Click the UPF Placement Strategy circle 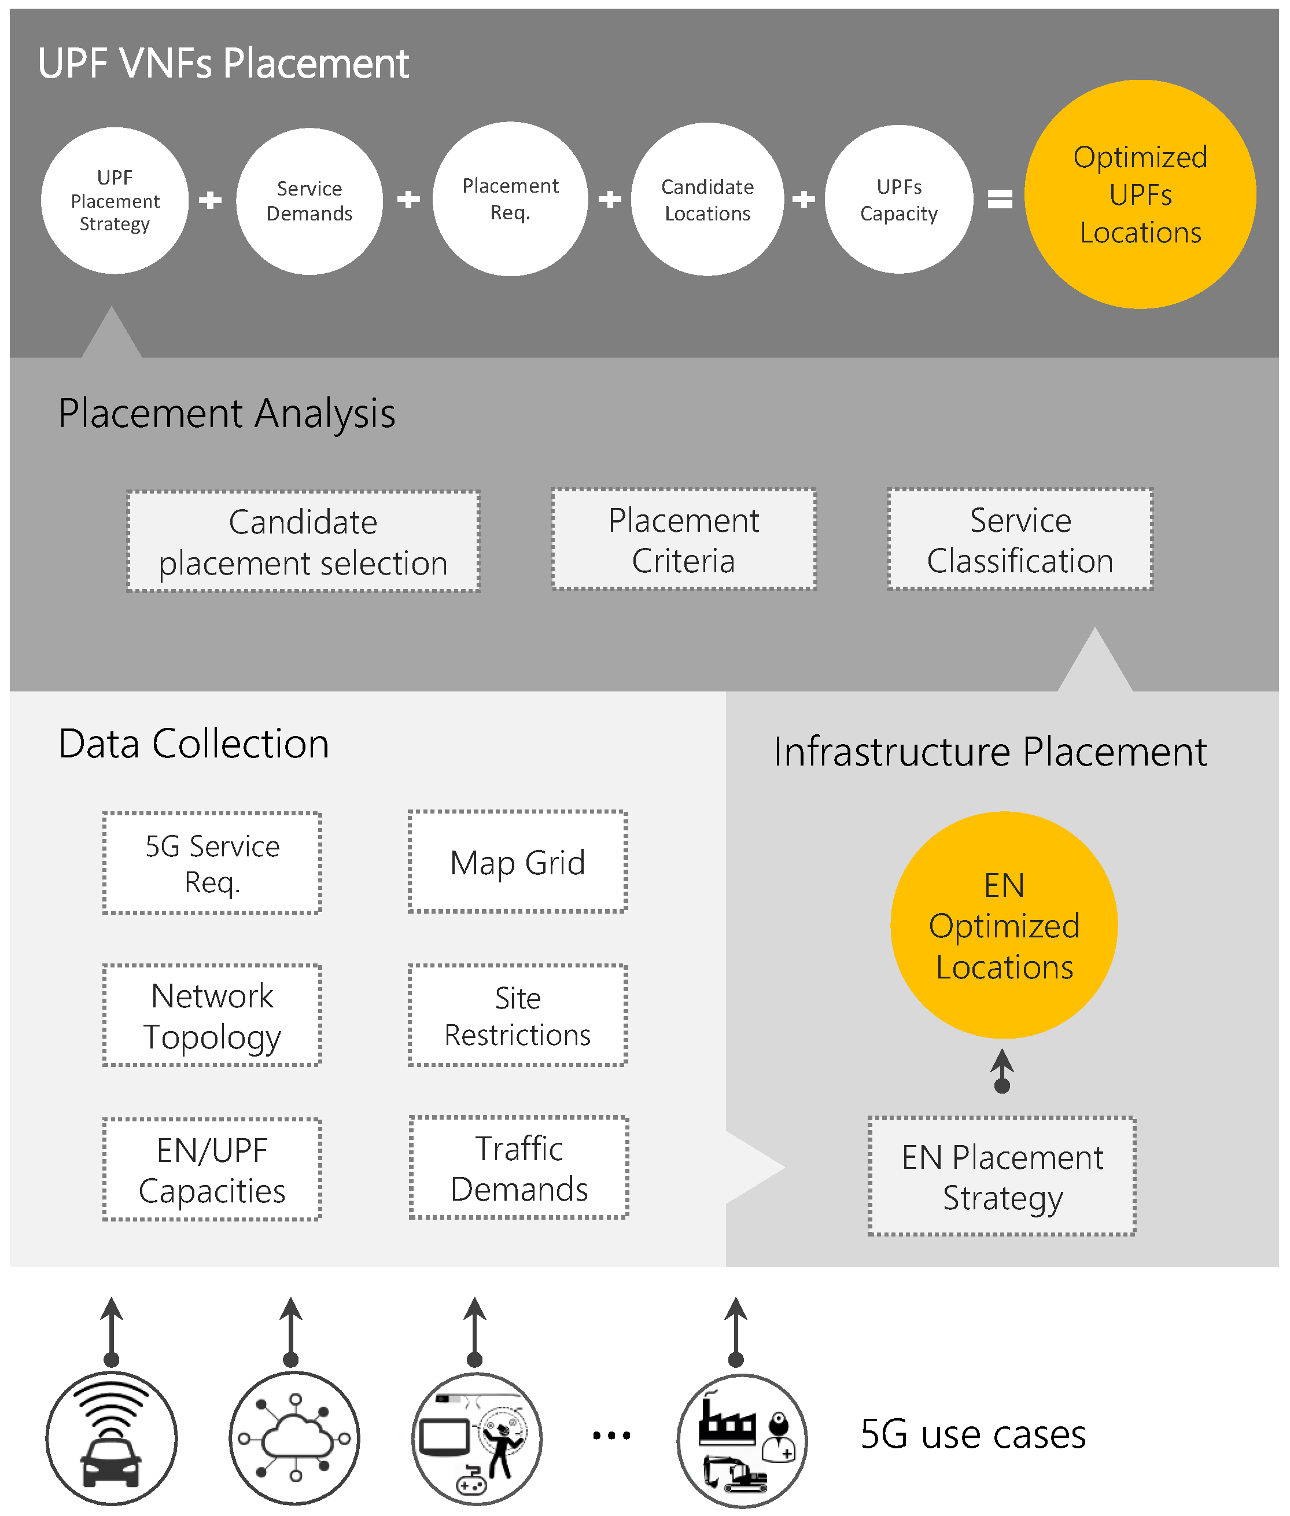[115, 200]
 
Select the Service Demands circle [309, 201]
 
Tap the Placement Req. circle [510, 199]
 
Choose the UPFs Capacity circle [899, 200]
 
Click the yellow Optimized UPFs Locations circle [1140, 194]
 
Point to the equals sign [1000, 199]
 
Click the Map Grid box [518, 862]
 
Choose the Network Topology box [212, 1015]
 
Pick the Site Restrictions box [518, 1015]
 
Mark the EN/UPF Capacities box [212, 1169]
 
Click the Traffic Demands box [519, 1168]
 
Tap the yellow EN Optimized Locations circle [1004, 925]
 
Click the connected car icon [111, 1438]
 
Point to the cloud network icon [294, 1438]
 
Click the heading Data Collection [194, 744]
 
